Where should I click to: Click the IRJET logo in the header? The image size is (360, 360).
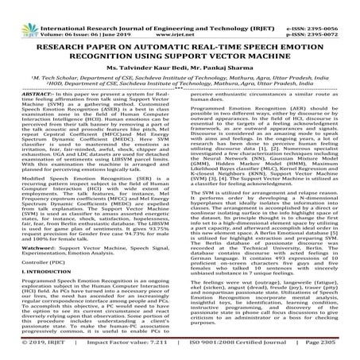tap(18, 11)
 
